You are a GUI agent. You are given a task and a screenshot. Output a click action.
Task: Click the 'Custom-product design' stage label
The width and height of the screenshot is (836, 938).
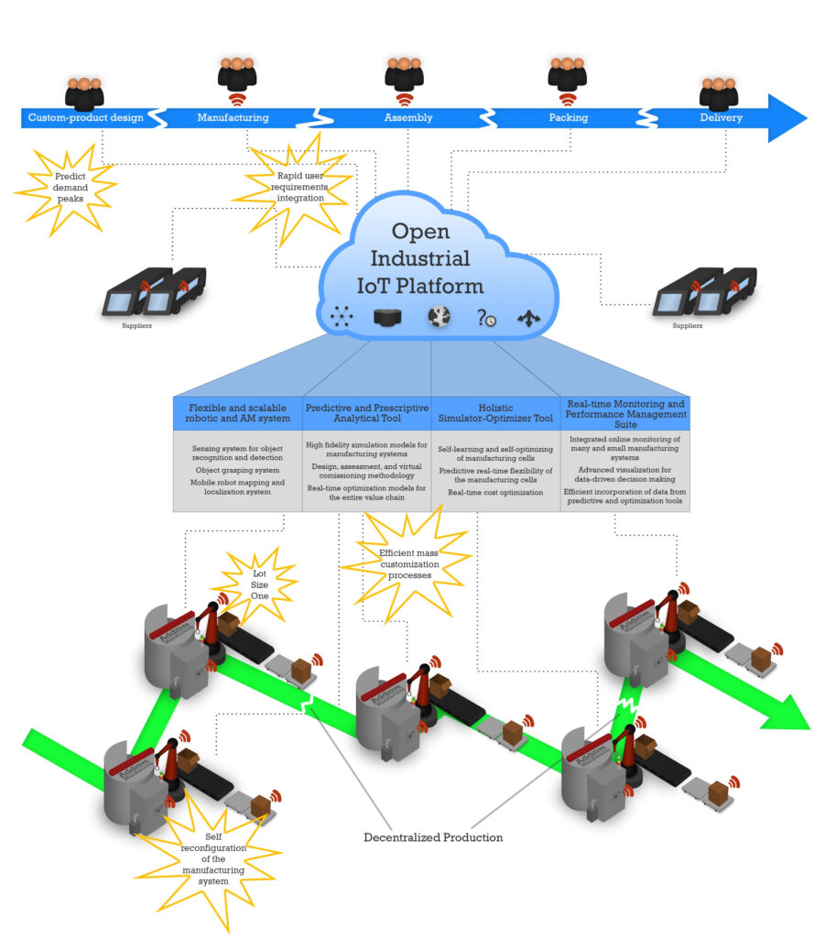86,117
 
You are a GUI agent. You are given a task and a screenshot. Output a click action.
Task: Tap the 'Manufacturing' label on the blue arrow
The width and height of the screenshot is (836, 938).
233,117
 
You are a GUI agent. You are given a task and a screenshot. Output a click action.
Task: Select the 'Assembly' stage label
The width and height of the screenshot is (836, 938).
408,117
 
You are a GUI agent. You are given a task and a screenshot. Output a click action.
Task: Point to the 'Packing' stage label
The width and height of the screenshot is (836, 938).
568,117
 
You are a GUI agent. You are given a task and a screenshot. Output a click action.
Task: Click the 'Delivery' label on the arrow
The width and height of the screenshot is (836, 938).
721,117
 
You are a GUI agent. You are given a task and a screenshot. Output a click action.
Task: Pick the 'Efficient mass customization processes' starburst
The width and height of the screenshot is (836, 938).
408,564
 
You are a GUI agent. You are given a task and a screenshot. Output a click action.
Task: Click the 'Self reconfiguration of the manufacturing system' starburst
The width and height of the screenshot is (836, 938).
212,857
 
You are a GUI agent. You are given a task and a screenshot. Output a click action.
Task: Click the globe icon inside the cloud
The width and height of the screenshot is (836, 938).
439,317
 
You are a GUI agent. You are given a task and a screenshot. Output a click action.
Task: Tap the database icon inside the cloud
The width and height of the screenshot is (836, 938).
389,318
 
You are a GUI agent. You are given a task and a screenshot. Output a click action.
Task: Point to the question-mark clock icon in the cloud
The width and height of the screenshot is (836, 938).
486,318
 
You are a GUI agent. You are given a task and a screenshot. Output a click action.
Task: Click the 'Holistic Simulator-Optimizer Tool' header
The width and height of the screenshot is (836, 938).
495,413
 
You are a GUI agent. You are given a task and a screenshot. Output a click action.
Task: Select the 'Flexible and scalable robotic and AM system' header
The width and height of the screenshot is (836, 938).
237,413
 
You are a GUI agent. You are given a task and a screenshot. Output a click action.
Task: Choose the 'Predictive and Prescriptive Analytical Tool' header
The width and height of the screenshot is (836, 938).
366,413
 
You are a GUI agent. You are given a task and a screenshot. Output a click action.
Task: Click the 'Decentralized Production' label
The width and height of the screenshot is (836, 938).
433,836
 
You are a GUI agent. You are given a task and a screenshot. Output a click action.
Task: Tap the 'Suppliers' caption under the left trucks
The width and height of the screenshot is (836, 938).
137,324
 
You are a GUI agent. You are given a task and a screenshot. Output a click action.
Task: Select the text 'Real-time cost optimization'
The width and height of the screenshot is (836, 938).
495,492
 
